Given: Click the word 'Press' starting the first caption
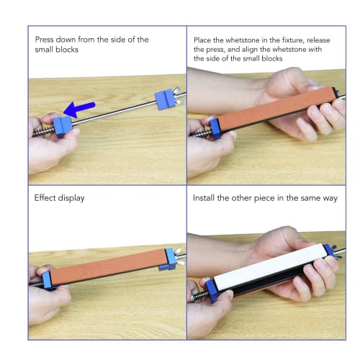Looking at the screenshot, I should (x=47, y=40).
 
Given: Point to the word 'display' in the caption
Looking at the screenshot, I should (x=71, y=197).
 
